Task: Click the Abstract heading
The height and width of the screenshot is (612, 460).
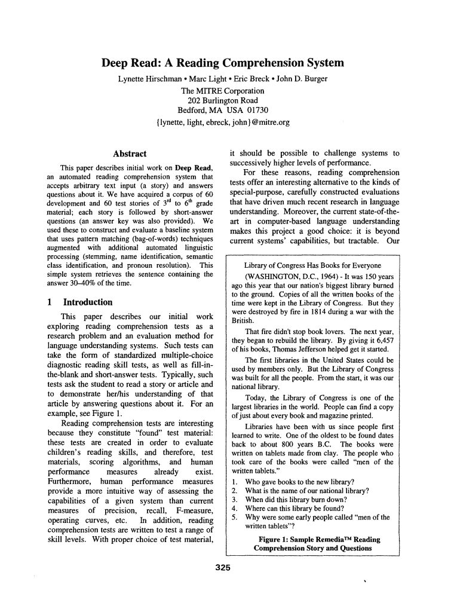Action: (130, 154)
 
